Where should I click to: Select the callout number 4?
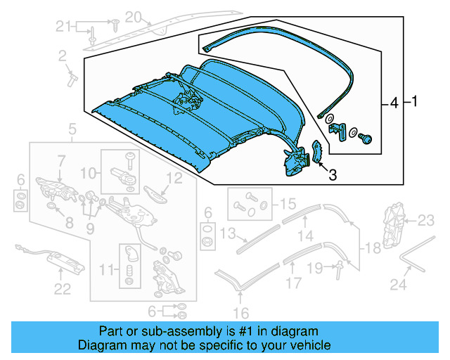click(394, 104)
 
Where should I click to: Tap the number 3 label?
click(333, 175)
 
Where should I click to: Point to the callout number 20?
click(133, 15)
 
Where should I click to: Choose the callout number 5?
click(72, 129)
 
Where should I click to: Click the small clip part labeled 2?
click(70, 75)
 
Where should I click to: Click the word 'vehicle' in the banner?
click(309, 346)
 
